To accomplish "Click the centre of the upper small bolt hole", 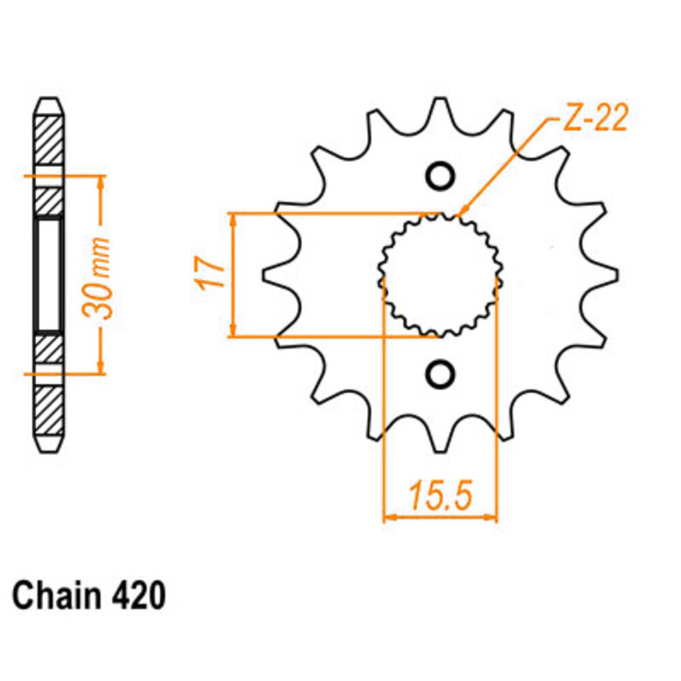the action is point(441,176).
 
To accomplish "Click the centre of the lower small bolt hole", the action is point(441,374).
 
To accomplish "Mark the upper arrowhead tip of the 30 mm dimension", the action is point(101,176).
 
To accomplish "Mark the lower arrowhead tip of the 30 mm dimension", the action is point(101,373).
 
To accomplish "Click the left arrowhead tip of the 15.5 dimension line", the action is point(384,517).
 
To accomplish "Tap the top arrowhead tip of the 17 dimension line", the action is point(234,214).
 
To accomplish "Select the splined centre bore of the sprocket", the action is point(441,275).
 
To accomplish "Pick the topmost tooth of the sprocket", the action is point(441,111).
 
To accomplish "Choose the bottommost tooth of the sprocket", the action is point(441,439).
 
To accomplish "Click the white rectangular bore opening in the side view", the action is point(48,275).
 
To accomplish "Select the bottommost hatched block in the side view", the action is point(48,410).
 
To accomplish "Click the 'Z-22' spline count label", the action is point(594,118).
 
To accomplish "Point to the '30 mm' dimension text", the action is point(98,278).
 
